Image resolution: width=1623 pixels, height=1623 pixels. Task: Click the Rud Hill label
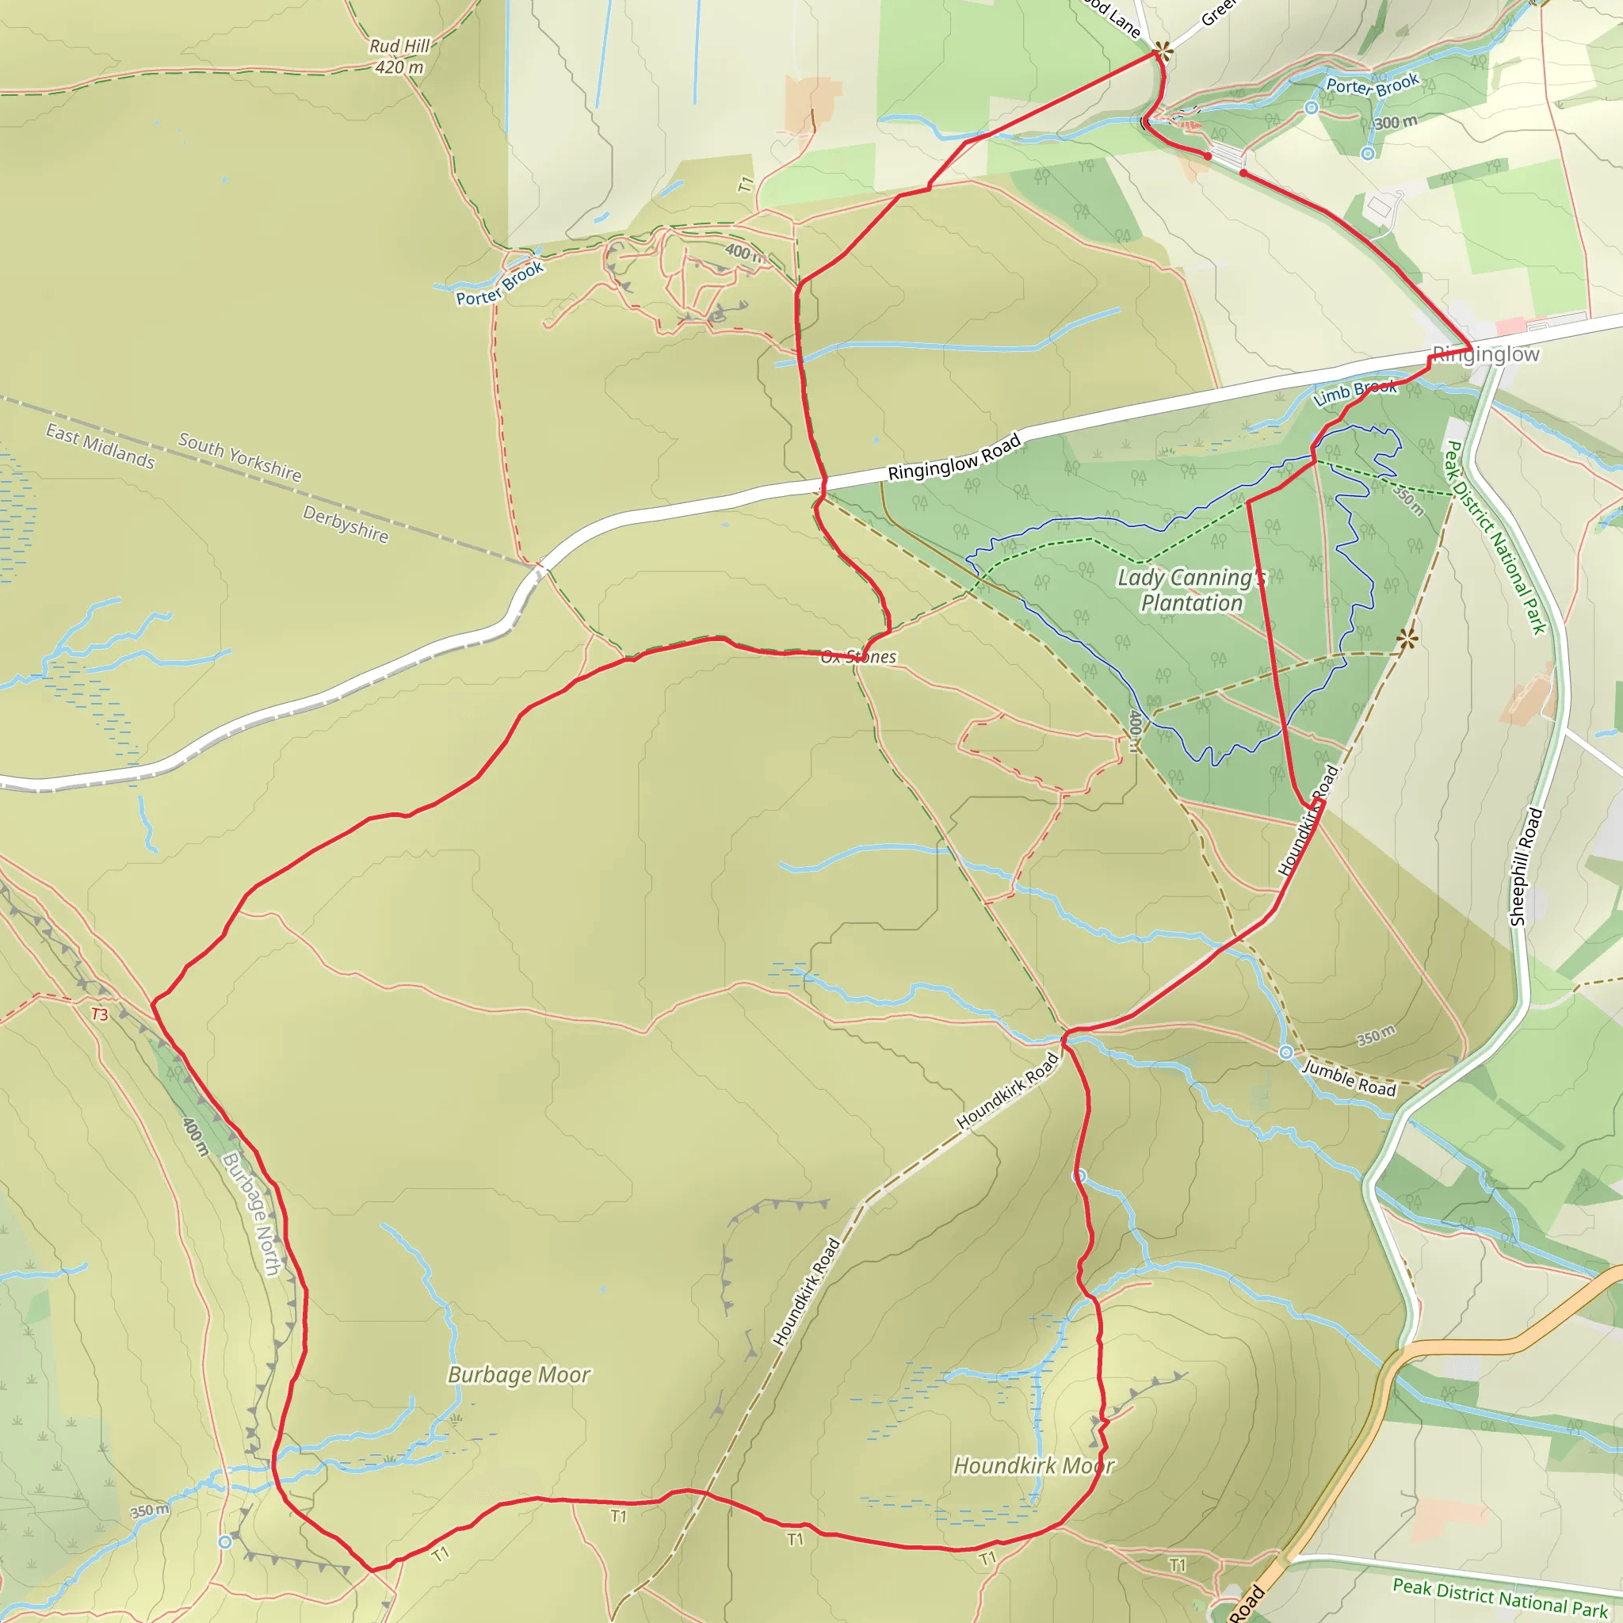(x=400, y=46)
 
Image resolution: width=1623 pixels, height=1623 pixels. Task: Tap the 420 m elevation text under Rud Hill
(x=400, y=67)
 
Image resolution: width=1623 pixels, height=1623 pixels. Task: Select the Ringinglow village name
(x=1485, y=354)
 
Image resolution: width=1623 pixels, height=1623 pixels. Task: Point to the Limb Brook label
(x=1355, y=392)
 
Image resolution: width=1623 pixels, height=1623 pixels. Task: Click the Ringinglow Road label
(x=954, y=458)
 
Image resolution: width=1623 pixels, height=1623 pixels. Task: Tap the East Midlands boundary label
(x=100, y=446)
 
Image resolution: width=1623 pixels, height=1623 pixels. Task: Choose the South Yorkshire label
(x=239, y=457)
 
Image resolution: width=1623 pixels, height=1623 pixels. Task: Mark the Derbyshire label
(x=346, y=524)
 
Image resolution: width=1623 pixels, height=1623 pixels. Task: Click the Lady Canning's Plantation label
(x=1191, y=590)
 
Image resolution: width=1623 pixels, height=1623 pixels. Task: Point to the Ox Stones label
(x=858, y=657)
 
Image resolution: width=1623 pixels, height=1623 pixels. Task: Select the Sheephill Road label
(x=1526, y=866)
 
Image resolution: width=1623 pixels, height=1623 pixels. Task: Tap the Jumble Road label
(x=1349, y=1079)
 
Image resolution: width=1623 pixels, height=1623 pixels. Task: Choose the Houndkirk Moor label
(x=1033, y=1466)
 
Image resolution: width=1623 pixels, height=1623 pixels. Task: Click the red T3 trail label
(x=99, y=1015)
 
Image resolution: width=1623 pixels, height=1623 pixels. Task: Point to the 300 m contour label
(x=1396, y=123)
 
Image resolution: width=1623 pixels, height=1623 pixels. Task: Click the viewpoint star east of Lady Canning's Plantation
(x=1407, y=640)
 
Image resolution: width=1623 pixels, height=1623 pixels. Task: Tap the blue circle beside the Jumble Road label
(x=1286, y=1052)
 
